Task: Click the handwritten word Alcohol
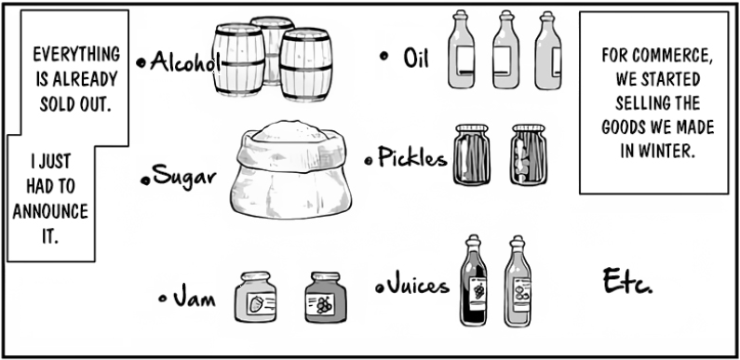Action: pyautogui.click(x=185, y=61)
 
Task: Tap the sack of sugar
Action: pyautogui.click(x=290, y=169)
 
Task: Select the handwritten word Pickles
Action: pyautogui.click(x=412, y=157)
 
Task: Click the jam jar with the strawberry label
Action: pyautogui.click(x=255, y=297)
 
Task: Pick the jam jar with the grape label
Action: pyautogui.click(x=325, y=298)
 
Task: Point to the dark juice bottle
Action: pyautogui.click(x=474, y=281)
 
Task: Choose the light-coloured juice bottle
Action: pyautogui.click(x=518, y=281)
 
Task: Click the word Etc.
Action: pyautogui.click(x=627, y=280)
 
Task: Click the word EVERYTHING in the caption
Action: pyautogui.click(x=76, y=54)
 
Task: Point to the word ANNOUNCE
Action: pyautogui.click(x=50, y=211)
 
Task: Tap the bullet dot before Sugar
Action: pyautogui.click(x=146, y=180)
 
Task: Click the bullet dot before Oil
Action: pyautogui.click(x=383, y=56)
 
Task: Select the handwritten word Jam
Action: pyautogui.click(x=194, y=298)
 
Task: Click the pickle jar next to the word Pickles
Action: pyautogui.click(x=472, y=154)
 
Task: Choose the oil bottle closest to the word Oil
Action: pyautogui.click(x=461, y=49)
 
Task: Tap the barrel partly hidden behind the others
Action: pyautogui.click(x=273, y=50)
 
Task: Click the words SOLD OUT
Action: pyautogui.click(x=75, y=104)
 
